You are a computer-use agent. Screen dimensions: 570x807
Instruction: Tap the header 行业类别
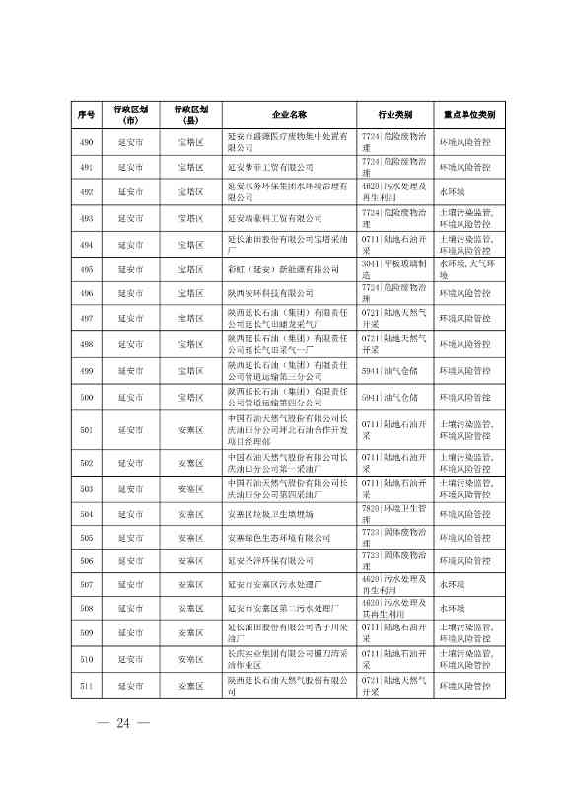(394, 114)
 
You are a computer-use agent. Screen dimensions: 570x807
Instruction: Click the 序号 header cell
(86, 114)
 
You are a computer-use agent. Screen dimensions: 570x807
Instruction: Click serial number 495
(86, 268)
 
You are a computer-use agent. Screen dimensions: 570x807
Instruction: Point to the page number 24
(124, 725)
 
